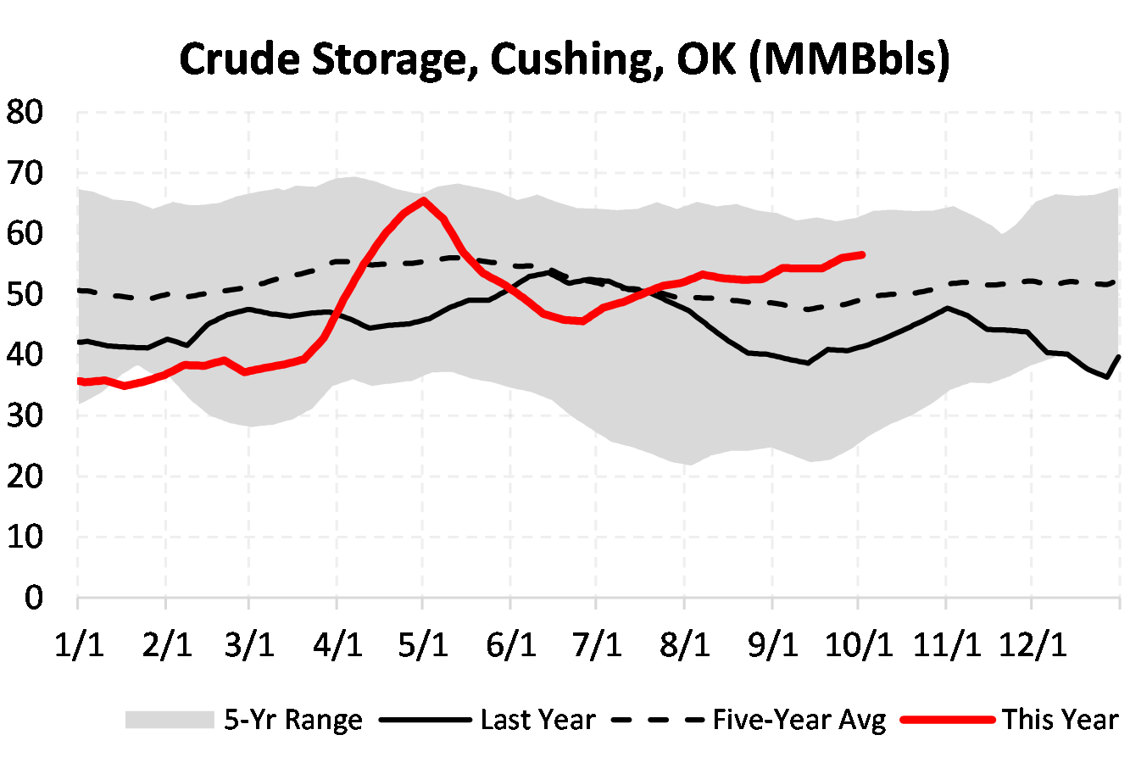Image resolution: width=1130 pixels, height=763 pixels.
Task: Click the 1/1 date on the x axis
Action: click(x=79, y=645)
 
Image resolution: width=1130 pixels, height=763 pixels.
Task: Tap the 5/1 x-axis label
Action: click(x=423, y=645)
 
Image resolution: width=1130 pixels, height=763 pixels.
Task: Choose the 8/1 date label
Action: click(x=684, y=645)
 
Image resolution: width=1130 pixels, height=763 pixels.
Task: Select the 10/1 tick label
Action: click(x=859, y=645)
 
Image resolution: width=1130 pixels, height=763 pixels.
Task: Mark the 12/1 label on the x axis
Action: click(x=1032, y=645)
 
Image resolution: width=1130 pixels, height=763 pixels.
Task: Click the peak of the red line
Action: click(x=423, y=200)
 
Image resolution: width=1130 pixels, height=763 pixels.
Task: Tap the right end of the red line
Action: click(x=862, y=254)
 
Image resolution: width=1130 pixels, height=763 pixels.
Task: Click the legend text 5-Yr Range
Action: click(x=293, y=721)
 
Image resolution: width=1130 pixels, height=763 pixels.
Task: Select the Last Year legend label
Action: click(x=537, y=721)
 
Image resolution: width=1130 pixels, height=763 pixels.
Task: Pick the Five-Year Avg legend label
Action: click(x=799, y=721)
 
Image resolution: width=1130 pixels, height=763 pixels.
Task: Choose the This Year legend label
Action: click(x=1060, y=721)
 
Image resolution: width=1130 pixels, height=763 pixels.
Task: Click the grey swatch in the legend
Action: click(x=169, y=721)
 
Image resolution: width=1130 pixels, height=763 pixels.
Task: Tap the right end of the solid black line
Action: click(x=1120, y=357)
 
